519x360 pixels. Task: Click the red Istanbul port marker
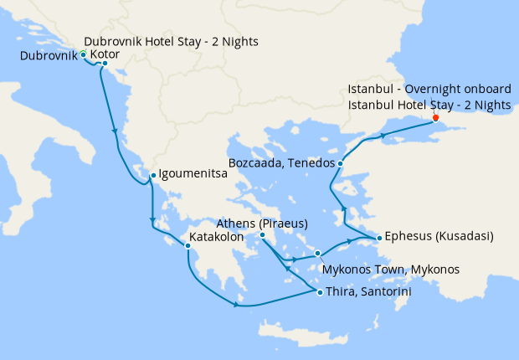435,117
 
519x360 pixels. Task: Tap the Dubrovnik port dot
84,54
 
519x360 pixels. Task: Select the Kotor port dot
105,63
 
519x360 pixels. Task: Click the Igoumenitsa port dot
152,176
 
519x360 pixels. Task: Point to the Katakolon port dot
188,245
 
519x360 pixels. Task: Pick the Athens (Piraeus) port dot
263,234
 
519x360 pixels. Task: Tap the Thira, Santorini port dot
320,291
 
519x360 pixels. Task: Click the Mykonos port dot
318,253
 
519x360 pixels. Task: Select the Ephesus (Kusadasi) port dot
379,238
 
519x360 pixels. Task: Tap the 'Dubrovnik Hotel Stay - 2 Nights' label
172,41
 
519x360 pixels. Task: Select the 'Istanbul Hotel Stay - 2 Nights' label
429,104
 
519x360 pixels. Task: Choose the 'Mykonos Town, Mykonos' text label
391,269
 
